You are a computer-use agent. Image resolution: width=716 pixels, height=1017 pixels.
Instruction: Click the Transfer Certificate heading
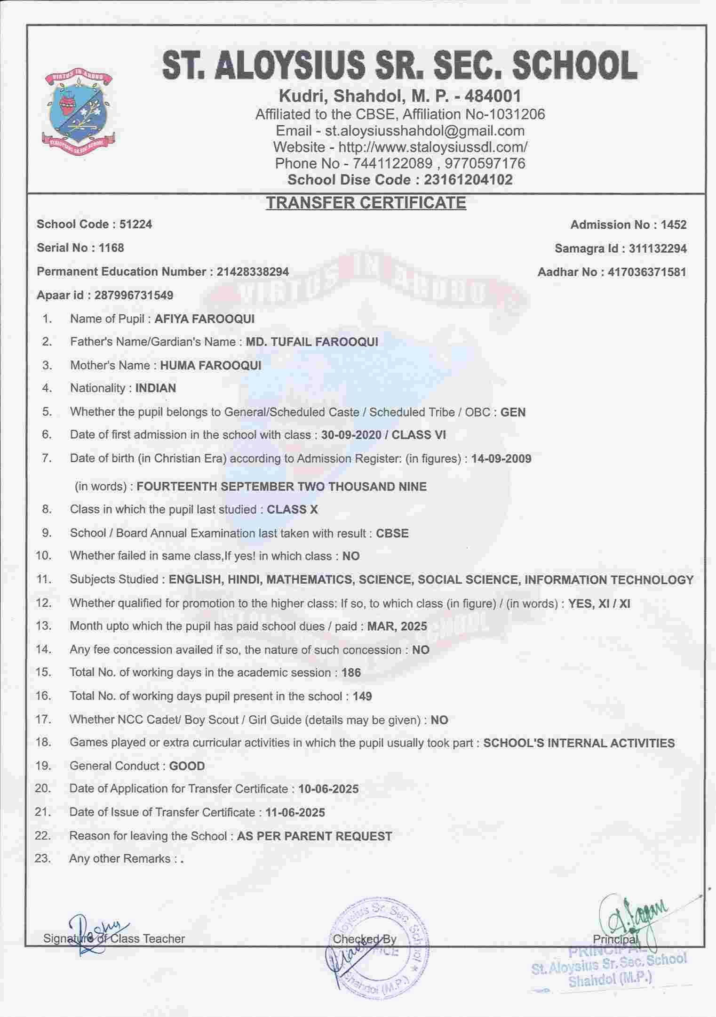[x=366, y=202]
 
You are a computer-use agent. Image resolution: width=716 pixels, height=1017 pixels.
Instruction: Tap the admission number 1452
[x=673, y=225]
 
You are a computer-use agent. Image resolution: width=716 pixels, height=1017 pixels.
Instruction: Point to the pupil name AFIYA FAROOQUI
[x=204, y=319]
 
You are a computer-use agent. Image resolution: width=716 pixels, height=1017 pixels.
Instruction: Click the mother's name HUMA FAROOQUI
[x=210, y=365]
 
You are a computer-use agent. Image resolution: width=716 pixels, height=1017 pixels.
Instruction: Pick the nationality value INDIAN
[x=156, y=388]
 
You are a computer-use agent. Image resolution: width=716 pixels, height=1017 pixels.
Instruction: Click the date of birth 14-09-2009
[x=501, y=459]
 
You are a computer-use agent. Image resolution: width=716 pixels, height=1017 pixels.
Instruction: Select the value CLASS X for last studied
[x=292, y=510]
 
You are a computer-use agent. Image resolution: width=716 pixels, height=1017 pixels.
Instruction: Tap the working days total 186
[x=351, y=673]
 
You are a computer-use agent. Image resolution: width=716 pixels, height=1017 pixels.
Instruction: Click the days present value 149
[x=362, y=697]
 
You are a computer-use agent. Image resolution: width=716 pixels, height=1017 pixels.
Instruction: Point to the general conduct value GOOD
[x=187, y=766]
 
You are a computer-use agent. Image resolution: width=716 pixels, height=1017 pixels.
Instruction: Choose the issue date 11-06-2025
[x=295, y=813]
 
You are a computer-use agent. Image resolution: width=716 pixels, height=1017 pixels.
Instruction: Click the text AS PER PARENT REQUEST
[x=314, y=836]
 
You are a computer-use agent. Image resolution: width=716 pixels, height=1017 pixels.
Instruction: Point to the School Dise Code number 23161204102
[x=468, y=180]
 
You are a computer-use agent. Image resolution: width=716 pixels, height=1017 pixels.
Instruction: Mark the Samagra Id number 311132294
[x=658, y=248]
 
